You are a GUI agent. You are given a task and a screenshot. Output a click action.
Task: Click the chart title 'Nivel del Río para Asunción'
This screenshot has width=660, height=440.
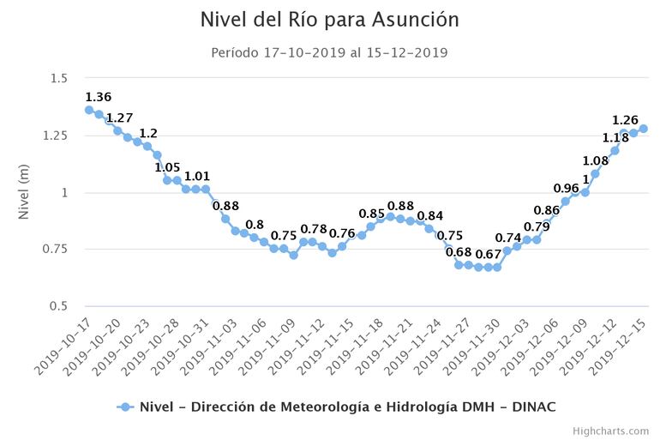pos(329,20)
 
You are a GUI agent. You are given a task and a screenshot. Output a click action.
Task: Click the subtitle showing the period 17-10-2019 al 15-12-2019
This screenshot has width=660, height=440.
pos(329,52)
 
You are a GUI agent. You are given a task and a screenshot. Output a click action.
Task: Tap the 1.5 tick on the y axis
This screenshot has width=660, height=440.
pos(58,79)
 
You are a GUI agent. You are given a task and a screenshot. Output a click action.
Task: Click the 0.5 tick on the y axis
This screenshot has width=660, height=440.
pos(58,306)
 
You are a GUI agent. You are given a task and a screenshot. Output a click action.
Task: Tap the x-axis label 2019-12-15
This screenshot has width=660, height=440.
pos(621,345)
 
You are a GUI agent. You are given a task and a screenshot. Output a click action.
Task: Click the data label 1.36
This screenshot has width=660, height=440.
pos(98,97)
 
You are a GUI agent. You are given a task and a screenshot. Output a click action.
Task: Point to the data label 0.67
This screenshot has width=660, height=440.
pos(488,254)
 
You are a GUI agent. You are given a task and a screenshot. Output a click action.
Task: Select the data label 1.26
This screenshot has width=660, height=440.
pos(625,120)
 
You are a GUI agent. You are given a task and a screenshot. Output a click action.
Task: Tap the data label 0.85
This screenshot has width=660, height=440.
pos(371,214)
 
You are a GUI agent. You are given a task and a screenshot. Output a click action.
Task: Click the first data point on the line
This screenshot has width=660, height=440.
pos(89,110)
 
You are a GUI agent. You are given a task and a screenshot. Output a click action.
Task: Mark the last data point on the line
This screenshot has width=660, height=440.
pos(643,129)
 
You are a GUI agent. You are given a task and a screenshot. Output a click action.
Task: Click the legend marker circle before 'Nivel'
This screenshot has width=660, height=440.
pos(125,407)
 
